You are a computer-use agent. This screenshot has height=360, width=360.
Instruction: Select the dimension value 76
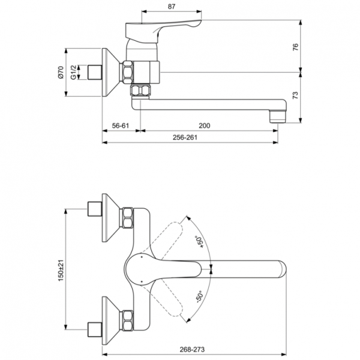[312, 47]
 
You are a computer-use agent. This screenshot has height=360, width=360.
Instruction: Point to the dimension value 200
[205, 126]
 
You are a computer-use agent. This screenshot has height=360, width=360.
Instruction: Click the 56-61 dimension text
[121, 126]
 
